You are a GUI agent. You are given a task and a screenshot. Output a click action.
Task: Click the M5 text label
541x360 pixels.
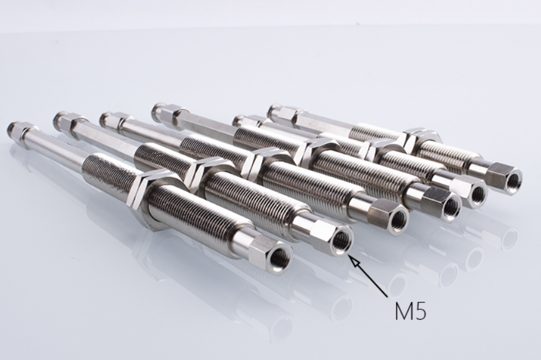410,310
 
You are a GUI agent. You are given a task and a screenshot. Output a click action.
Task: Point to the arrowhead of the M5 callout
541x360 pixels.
351,258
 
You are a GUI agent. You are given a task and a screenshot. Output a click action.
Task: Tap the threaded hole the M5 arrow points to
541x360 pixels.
340,239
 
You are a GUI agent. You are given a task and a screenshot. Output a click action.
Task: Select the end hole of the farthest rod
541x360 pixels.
514,179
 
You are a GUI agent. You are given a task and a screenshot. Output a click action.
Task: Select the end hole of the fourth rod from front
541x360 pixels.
452,207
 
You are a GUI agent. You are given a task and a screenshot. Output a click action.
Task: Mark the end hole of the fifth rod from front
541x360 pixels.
478,195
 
